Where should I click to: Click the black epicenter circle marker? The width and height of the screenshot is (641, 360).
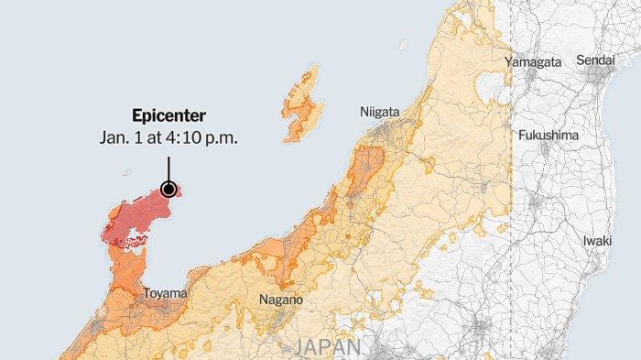pos(168,190)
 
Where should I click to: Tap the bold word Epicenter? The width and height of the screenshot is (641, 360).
pos(168,116)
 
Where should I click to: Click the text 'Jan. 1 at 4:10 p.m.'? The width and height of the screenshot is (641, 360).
pos(168,137)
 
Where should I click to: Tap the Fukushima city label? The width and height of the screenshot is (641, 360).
pos(549,136)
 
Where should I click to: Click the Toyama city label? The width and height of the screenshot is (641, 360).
pos(165,294)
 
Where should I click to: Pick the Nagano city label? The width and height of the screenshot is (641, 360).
pos(280,300)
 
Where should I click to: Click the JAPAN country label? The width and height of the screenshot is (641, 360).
pos(327,348)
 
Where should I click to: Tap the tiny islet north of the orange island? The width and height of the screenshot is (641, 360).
pos(403,42)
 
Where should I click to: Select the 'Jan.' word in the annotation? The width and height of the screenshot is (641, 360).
pos(114,137)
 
